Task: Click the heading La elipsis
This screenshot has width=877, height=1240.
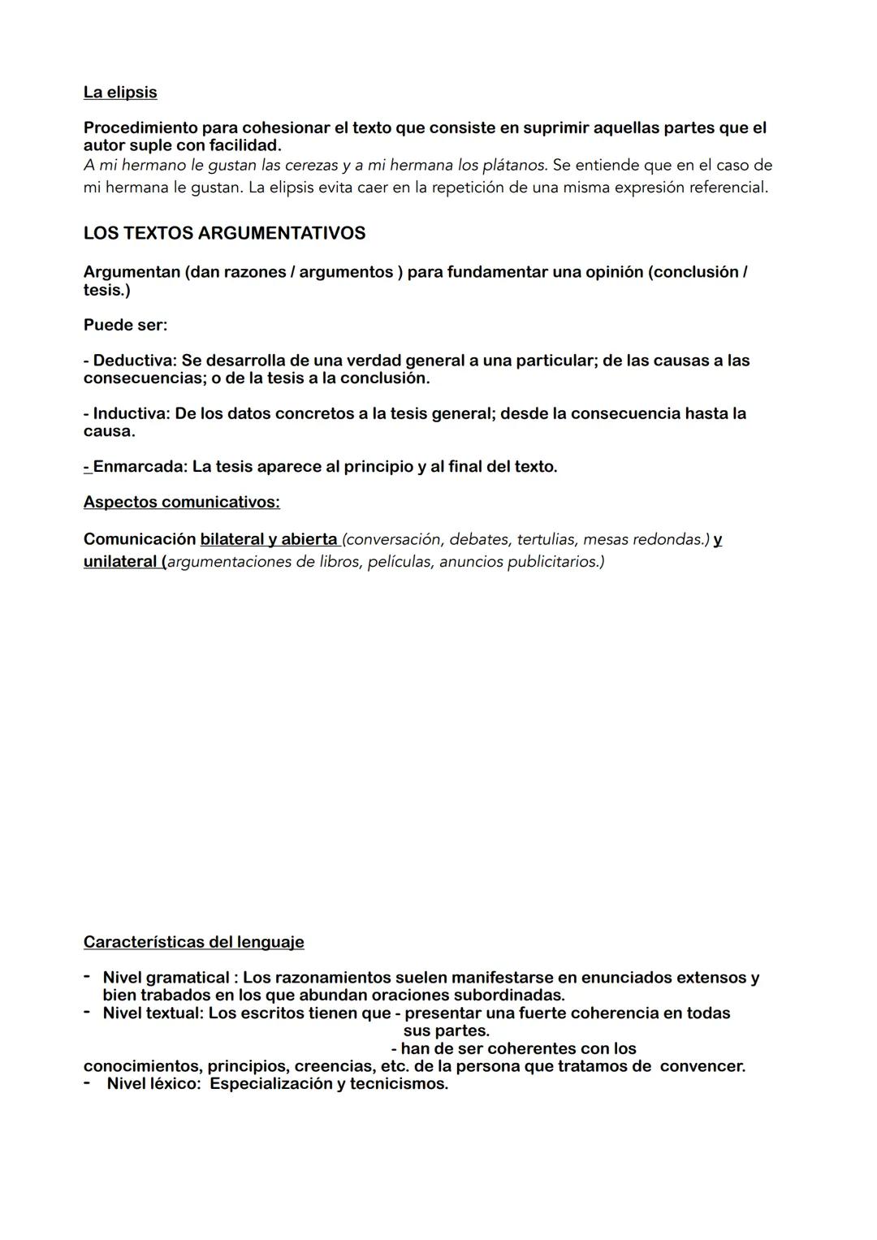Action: tap(120, 93)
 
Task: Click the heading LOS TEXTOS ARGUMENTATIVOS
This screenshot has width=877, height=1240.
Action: tap(224, 234)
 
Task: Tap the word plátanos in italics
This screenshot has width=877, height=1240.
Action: tap(514, 166)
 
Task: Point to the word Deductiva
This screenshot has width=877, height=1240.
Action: tap(134, 361)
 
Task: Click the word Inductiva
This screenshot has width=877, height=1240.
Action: tap(132, 414)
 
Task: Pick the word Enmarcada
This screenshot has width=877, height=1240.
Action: tap(137, 468)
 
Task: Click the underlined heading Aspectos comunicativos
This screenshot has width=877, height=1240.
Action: tap(181, 503)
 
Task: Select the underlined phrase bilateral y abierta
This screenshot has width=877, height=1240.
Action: tap(269, 540)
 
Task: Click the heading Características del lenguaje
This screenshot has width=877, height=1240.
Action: tap(193, 943)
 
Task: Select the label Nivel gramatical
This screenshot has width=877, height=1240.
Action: tap(166, 979)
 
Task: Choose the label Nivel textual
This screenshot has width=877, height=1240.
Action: tap(152, 1013)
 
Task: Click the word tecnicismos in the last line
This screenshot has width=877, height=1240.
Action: tap(398, 1084)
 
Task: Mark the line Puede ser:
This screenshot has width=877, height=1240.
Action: tap(125, 326)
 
